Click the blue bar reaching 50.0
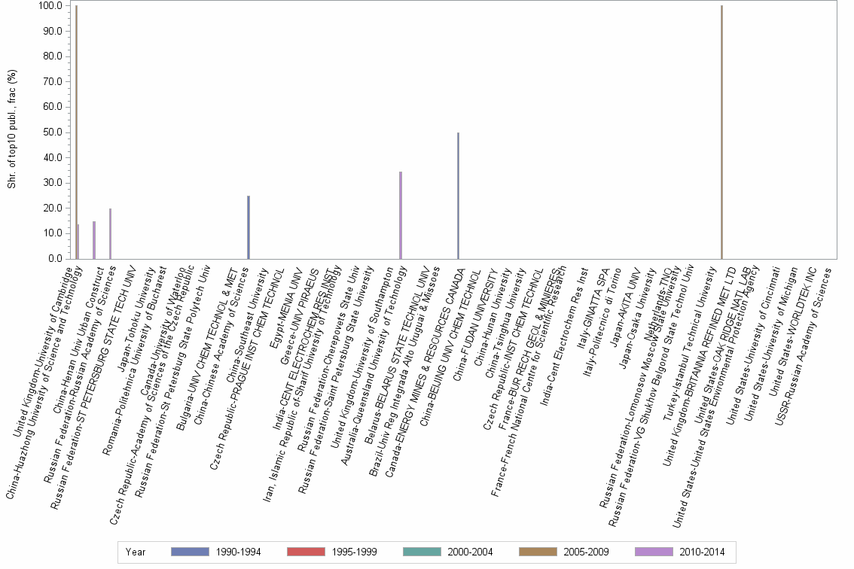click(458, 196)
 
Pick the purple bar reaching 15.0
click(94, 240)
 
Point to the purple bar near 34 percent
click(401, 215)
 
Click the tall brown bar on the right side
click(721, 132)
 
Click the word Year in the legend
click(136, 552)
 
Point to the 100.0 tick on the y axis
click(50, 6)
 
